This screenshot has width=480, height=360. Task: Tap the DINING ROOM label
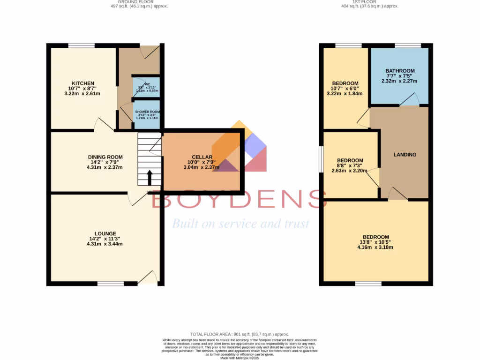(x=105, y=157)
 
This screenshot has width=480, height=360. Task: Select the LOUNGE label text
(x=105, y=233)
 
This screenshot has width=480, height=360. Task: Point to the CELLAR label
(x=202, y=157)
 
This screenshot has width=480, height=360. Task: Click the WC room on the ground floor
(x=147, y=87)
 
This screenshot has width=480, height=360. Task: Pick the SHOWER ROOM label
(x=148, y=114)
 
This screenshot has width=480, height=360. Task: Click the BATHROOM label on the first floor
(x=400, y=71)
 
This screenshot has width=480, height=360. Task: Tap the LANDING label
(x=405, y=155)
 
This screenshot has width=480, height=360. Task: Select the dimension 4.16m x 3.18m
(x=375, y=247)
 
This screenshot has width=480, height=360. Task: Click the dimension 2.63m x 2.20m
(x=350, y=171)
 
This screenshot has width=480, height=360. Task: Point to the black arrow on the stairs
(x=150, y=178)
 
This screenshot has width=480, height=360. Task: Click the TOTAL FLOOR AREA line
(x=240, y=334)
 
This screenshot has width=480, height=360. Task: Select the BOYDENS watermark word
(x=239, y=199)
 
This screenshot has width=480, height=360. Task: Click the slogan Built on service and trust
(x=240, y=224)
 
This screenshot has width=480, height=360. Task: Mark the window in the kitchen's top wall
(x=82, y=45)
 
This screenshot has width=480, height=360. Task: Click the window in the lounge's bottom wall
(x=111, y=283)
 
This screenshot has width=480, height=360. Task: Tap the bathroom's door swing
(x=411, y=99)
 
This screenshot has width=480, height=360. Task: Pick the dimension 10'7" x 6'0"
(x=345, y=89)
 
